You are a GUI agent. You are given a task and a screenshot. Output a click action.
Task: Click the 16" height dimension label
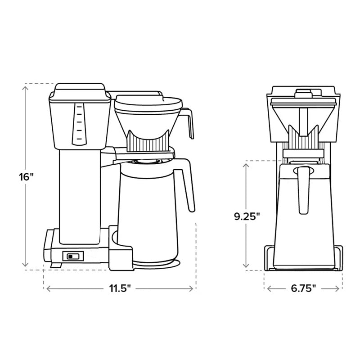coord(26,177)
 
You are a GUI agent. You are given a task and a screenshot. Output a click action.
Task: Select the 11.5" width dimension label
coord(120,288)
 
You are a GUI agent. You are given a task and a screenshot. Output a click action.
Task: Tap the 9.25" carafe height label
coord(247,216)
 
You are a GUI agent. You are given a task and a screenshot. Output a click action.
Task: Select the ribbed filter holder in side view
coord(148,141)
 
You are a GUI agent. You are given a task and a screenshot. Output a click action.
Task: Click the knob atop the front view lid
coord(303,93)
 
